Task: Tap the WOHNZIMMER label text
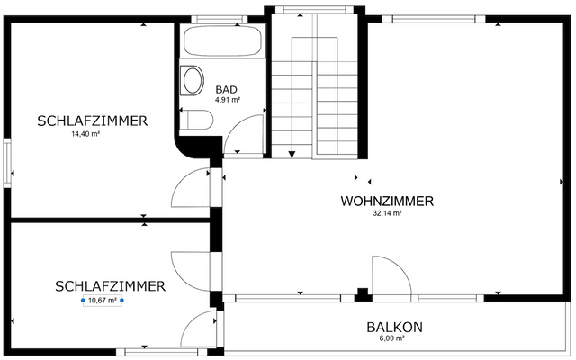click(x=387, y=201)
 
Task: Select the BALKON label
click(x=394, y=328)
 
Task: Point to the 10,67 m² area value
click(x=100, y=301)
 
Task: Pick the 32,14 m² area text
click(x=387, y=214)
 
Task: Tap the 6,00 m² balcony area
click(x=391, y=339)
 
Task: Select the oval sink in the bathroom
click(x=193, y=81)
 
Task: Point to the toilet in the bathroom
click(x=197, y=121)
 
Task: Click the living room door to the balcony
click(x=389, y=274)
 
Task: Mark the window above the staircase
click(x=315, y=10)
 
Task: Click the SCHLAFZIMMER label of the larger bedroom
click(x=92, y=121)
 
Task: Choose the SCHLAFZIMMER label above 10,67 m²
click(x=110, y=286)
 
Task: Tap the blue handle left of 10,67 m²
click(x=82, y=301)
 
